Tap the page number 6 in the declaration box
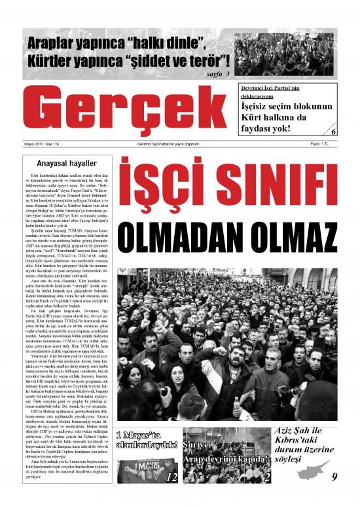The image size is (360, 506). pyautogui.click(x=334, y=132)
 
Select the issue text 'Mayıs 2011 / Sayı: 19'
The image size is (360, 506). pyautogui.click(x=41, y=143)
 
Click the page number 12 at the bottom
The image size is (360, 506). pyautogui.click(x=171, y=495)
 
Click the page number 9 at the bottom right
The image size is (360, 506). pyautogui.click(x=334, y=495)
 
